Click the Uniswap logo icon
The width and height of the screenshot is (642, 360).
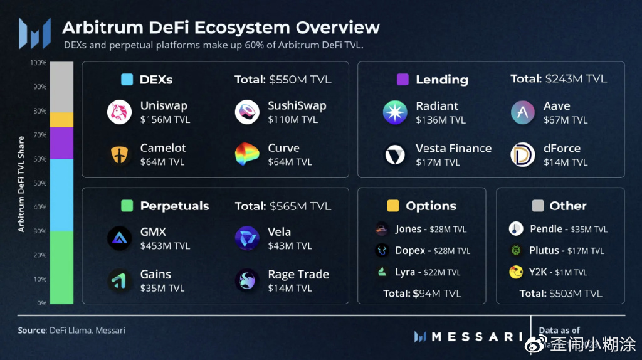tap(119, 112)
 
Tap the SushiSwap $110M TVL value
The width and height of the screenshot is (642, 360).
tap(290, 119)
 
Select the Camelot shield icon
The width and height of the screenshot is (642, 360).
tap(119, 154)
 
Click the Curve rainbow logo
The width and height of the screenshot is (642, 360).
tap(247, 154)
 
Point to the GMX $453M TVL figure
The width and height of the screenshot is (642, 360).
tap(165, 245)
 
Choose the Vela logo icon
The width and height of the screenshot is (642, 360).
tap(247, 238)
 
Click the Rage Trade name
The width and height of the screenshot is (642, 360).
tap(298, 274)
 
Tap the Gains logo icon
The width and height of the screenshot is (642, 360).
tap(119, 280)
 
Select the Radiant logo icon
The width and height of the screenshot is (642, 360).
tap(395, 112)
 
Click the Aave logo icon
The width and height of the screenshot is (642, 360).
tap(522, 112)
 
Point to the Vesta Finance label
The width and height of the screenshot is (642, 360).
tap(453, 149)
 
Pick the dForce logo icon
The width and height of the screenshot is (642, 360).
tap(522, 155)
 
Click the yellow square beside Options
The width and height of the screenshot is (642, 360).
tap(393, 206)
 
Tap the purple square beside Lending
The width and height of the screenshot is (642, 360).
tap(403, 80)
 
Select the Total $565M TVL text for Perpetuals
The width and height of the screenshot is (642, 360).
tap(283, 206)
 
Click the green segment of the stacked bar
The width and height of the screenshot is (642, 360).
tap(61, 267)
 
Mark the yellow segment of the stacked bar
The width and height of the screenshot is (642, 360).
tap(61, 120)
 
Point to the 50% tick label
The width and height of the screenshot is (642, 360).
tap(39, 183)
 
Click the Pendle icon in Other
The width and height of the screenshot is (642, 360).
tap(516, 229)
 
